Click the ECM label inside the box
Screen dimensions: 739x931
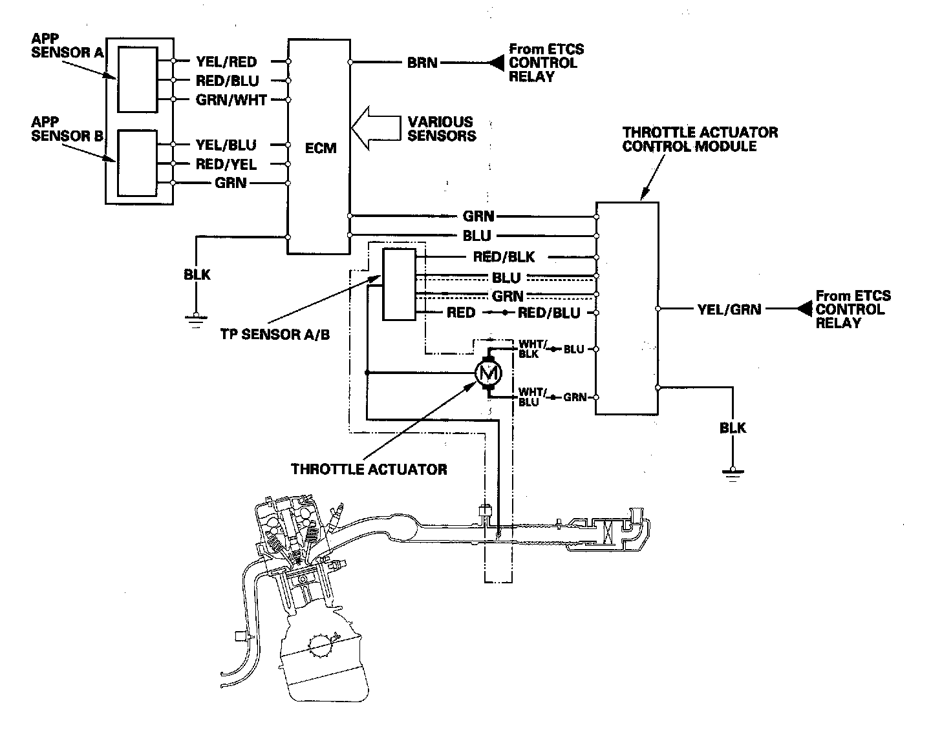point(321,148)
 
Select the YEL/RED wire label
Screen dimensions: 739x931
point(226,62)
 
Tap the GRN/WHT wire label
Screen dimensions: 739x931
point(231,100)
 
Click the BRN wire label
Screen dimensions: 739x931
point(422,63)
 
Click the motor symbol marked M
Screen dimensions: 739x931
point(488,373)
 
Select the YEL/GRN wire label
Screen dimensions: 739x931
point(729,309)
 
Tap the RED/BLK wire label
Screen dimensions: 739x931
point(504,257)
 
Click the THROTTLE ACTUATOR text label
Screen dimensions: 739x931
point(369,469)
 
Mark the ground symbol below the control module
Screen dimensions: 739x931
point(732,476)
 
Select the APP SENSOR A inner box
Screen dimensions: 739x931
point(136,79)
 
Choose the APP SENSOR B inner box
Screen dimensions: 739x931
point(136,163)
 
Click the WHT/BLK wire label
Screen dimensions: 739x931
point(528,348)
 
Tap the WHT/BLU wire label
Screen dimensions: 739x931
point(528,397)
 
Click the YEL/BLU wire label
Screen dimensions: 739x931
point(226,145)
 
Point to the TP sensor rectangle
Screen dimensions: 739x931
point(400,284)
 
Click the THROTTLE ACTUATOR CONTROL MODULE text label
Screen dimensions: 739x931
point(700,139)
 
